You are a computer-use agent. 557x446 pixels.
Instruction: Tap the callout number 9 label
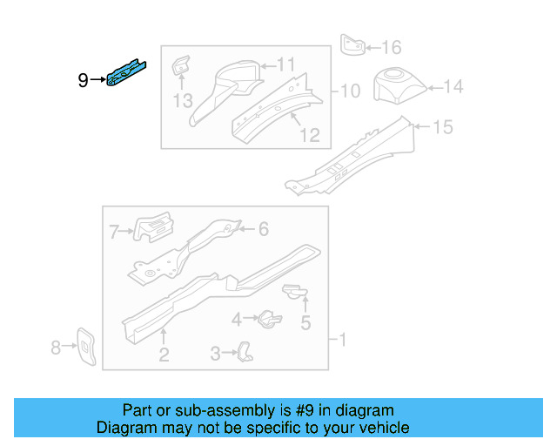click(83, 81)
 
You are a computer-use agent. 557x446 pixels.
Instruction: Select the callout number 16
click(392, 47)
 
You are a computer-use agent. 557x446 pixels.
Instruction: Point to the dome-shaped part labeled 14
click(398, 84)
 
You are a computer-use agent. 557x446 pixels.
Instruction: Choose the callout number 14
click(454, 87)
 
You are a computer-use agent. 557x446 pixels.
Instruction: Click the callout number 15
click(443, 128)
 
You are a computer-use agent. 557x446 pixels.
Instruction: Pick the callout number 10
click(350, 91)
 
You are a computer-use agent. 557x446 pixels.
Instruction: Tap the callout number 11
click(286, 64)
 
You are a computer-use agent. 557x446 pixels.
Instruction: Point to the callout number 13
click(182, 101)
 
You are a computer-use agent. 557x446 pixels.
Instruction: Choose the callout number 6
click(264, 229)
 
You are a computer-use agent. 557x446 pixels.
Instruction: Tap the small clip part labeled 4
click(268, 318)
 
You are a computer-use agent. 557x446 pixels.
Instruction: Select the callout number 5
click(305, 324)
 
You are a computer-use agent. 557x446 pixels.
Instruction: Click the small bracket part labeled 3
click(247, 351)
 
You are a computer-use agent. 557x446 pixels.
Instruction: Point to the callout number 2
click(163, 354)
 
